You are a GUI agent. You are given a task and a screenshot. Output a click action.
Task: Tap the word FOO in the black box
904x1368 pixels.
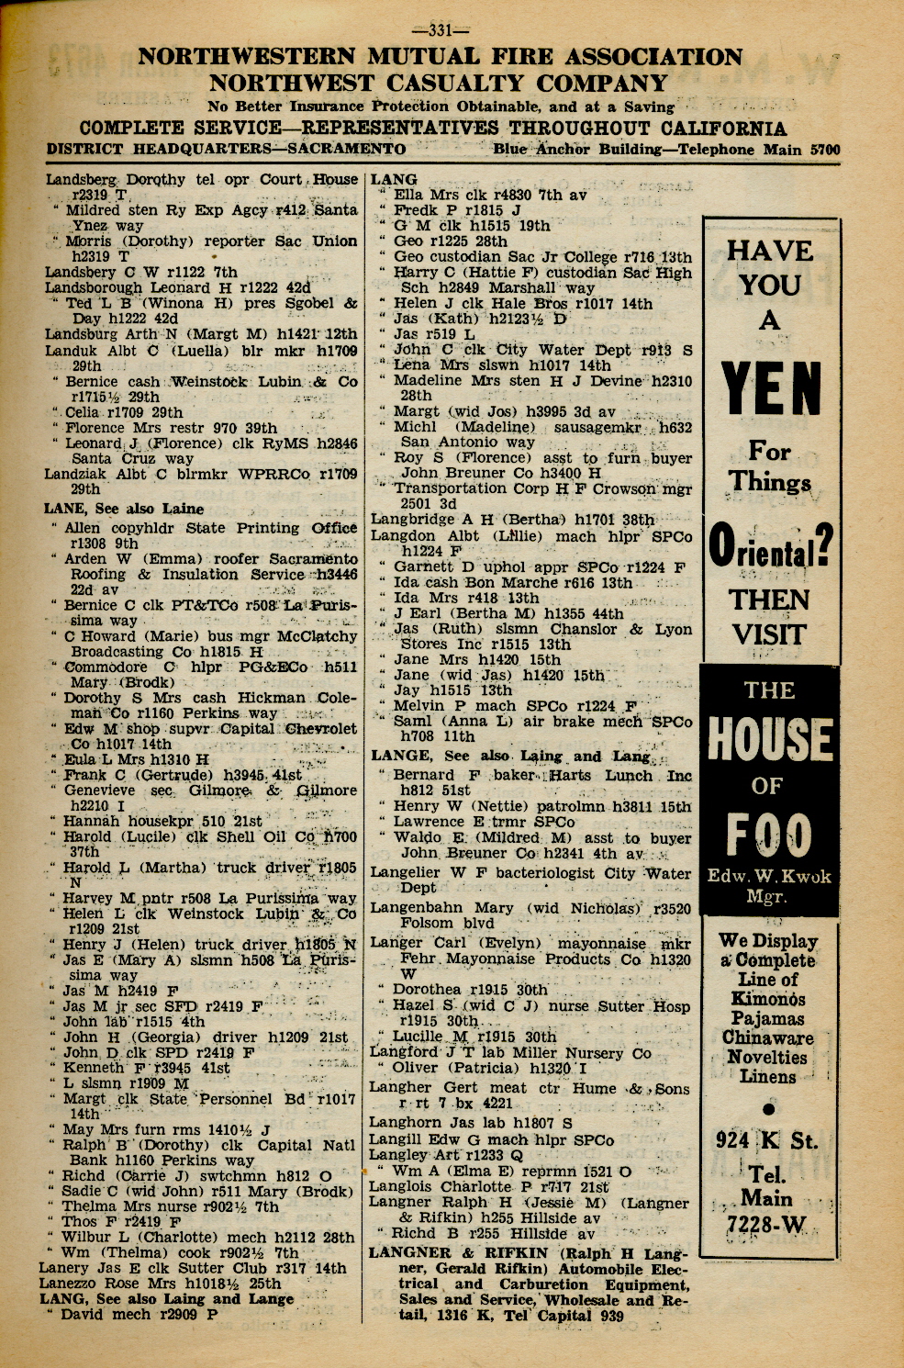769,835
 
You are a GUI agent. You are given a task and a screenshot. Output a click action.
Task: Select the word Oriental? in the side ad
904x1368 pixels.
770,544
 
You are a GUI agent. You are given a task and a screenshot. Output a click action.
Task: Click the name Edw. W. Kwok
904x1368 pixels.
769,876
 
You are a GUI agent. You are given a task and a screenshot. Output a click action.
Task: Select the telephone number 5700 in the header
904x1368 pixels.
825,149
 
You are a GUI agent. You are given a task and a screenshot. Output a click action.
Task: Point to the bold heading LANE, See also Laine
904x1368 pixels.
124,509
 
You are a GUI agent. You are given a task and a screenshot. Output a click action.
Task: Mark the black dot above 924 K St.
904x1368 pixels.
768,1108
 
